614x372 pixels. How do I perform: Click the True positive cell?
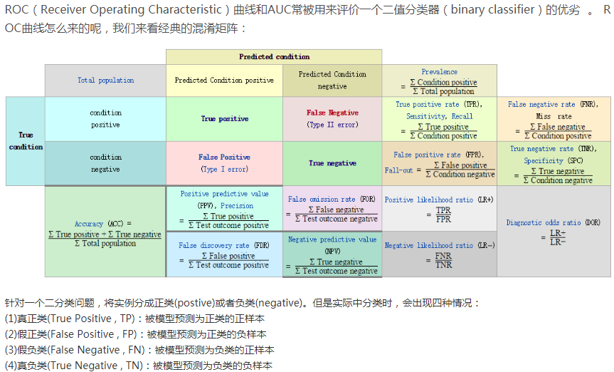coord(224,119)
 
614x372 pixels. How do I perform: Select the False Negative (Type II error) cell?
coord(332,119)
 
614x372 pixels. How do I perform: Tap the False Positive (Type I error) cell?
coord(224,163)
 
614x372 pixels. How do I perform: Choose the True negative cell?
coord(332,163)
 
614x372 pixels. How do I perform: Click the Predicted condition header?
coord(274,56)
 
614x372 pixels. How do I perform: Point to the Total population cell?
coord(105,81)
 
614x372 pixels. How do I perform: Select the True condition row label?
coord(25,140)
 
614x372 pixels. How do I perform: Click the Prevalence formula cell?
coord(439,81)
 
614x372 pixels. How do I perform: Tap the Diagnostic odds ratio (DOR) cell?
coord(554,232)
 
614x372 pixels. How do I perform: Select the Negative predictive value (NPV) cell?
coord(332,255)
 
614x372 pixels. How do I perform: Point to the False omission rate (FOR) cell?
coord(332,209)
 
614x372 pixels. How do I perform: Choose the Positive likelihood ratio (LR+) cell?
coord(439,208)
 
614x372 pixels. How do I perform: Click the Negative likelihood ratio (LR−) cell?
coord(439,254)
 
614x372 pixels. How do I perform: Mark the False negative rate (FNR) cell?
coord(554,119)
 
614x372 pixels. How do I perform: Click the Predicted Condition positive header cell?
coord(224,81)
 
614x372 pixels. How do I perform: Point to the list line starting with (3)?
coord(139,350)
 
